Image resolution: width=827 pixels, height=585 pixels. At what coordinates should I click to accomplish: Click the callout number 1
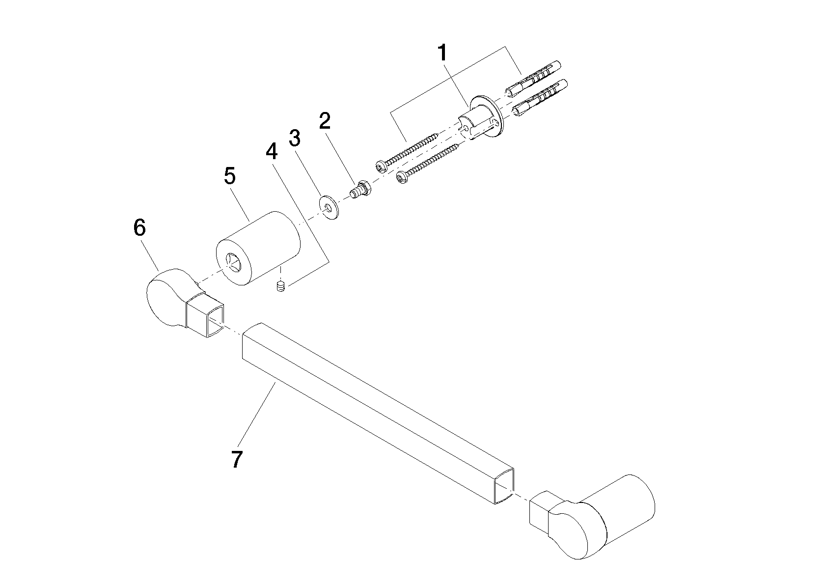pos(442,53)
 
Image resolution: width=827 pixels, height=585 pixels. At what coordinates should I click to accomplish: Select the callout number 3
pos(294,138)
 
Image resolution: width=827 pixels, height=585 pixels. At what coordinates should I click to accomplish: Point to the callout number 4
pos(272,151)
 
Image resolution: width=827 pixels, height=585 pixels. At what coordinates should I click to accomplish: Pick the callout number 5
pos(230,176)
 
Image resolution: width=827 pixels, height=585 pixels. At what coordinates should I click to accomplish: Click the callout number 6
pos(139,227)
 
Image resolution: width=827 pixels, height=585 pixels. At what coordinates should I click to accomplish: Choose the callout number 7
pos(237,459)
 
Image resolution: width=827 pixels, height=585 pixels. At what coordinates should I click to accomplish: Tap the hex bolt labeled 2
pos(360,190)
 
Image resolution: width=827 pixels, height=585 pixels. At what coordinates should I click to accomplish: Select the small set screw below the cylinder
pos(281,286)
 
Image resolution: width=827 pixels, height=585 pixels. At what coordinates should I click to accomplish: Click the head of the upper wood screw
pos(381,166)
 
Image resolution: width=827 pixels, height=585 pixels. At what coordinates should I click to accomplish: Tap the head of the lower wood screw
pos(402,178)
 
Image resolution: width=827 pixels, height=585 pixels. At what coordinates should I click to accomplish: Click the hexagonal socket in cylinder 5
pos(233,260)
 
